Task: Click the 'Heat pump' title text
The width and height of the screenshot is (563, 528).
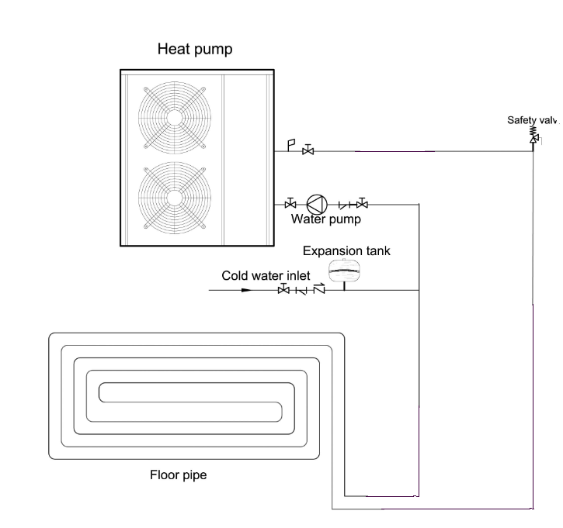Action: click(195, 50)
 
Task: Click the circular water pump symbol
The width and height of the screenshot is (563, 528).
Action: click(316, 204)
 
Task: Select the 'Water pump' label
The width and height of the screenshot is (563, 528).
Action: click(325, 219)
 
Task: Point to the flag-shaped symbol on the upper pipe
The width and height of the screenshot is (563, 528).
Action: click(290, 145)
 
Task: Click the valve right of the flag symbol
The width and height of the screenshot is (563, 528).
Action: click(308, 150)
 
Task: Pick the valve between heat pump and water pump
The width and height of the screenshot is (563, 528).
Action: click(290, 204)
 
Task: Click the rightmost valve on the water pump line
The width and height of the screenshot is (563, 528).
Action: click(363, 204)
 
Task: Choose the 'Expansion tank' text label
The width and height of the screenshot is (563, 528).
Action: click(346, 250)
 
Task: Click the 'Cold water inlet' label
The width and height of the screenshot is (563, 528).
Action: click(266, 275)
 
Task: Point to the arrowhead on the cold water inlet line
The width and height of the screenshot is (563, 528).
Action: click(245, 291)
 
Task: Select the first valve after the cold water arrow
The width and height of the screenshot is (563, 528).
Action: click(283, 290)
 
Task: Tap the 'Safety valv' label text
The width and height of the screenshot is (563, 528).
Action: click(533, 119)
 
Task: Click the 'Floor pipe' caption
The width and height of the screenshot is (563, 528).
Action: click(178, 475)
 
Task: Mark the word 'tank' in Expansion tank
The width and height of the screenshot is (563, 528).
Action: click(376, 250)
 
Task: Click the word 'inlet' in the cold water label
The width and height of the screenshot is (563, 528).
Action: click(297, 275)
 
